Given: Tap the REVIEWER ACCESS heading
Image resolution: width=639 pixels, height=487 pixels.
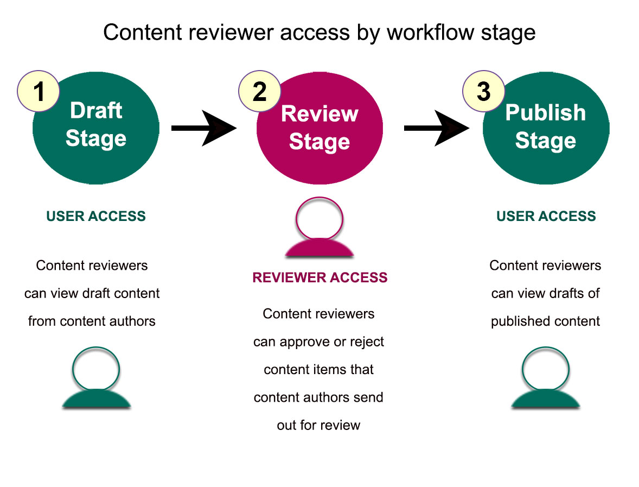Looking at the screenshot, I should click(319, 277).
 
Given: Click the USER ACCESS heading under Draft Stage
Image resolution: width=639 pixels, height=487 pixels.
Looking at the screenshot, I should click(96, 216).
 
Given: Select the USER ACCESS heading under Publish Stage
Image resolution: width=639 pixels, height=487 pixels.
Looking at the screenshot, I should click(546, 216).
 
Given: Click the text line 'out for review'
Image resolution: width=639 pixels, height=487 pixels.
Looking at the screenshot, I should click(318, 425).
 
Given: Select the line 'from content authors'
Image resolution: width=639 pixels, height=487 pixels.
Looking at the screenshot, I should click(92, 321).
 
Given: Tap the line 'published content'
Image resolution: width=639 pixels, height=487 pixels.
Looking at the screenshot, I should click(545, 321).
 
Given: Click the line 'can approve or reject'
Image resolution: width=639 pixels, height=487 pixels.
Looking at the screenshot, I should click(318, 342).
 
